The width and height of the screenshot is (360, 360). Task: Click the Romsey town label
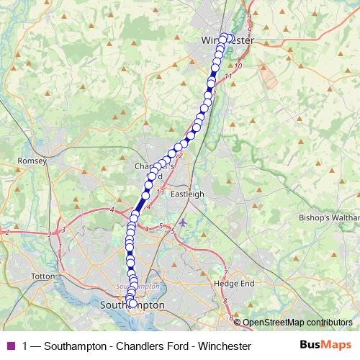click(x=31, y=161)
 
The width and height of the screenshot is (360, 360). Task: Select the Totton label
click(x=44, y=276)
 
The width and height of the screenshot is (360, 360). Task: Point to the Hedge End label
click(x=234, y=284)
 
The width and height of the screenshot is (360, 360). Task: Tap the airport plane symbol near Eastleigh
click(x=183, y=222)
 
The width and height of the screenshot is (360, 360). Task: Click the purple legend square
click(x=11, y=346)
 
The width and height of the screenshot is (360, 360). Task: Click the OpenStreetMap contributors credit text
click(x=297, y=323)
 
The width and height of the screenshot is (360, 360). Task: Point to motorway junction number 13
click(x=161, y=193)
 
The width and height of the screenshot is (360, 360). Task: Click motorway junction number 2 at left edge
click(x=7, y=232)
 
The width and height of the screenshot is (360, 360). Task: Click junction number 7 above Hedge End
click(x=225, y=271)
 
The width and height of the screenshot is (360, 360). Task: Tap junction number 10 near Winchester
click(x=239, y=66)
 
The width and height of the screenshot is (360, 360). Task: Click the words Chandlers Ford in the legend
click(x=143, y=346)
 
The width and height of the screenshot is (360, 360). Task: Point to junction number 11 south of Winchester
click(x=228, y=76)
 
